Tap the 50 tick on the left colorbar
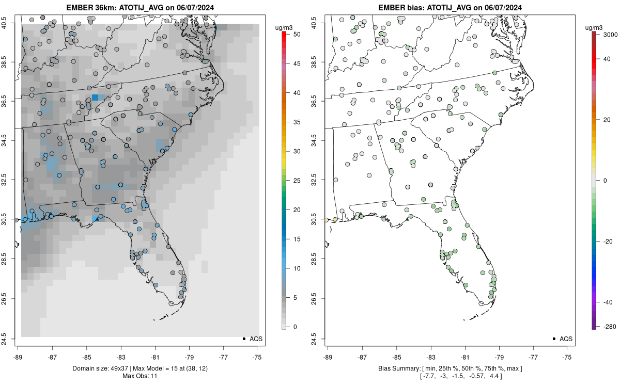(x=293, y=34)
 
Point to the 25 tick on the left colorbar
(x=293, y=181)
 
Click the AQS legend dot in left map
(x=243, y=338)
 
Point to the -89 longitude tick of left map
(x=18, y=356)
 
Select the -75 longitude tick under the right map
(x=567, y=356)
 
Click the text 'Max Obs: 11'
(x=139, y=376)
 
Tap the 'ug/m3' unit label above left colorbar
(x=286, y=27)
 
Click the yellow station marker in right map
(x=335, y=219)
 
